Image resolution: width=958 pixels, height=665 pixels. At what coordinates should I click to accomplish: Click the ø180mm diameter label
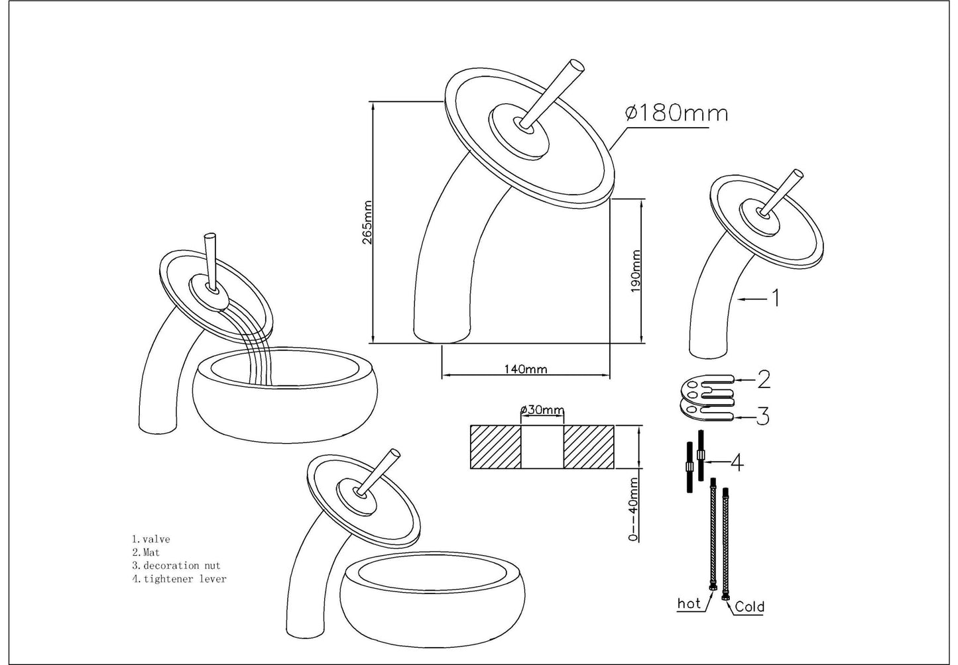676,113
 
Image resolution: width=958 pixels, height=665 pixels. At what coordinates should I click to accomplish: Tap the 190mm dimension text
636,272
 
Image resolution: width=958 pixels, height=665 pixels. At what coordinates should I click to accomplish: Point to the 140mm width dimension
526,369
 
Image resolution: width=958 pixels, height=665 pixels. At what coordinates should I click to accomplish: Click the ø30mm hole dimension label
542,410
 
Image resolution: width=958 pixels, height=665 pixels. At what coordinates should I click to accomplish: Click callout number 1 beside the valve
773,299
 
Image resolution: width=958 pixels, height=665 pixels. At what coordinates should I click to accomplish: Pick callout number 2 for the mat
763,380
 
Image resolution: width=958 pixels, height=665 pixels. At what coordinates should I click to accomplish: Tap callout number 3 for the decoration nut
763,417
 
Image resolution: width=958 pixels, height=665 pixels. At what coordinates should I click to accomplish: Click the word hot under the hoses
689,603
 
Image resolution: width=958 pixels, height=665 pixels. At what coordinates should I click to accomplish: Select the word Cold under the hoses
749,606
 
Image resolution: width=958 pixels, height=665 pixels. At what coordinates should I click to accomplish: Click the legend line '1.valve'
150,539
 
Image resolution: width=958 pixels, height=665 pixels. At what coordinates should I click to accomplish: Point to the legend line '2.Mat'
145,552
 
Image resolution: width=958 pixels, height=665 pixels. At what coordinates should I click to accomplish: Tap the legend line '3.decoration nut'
176,565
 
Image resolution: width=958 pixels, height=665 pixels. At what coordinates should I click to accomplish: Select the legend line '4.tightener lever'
178,578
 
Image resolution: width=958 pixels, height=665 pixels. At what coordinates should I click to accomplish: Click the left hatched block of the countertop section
495,447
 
